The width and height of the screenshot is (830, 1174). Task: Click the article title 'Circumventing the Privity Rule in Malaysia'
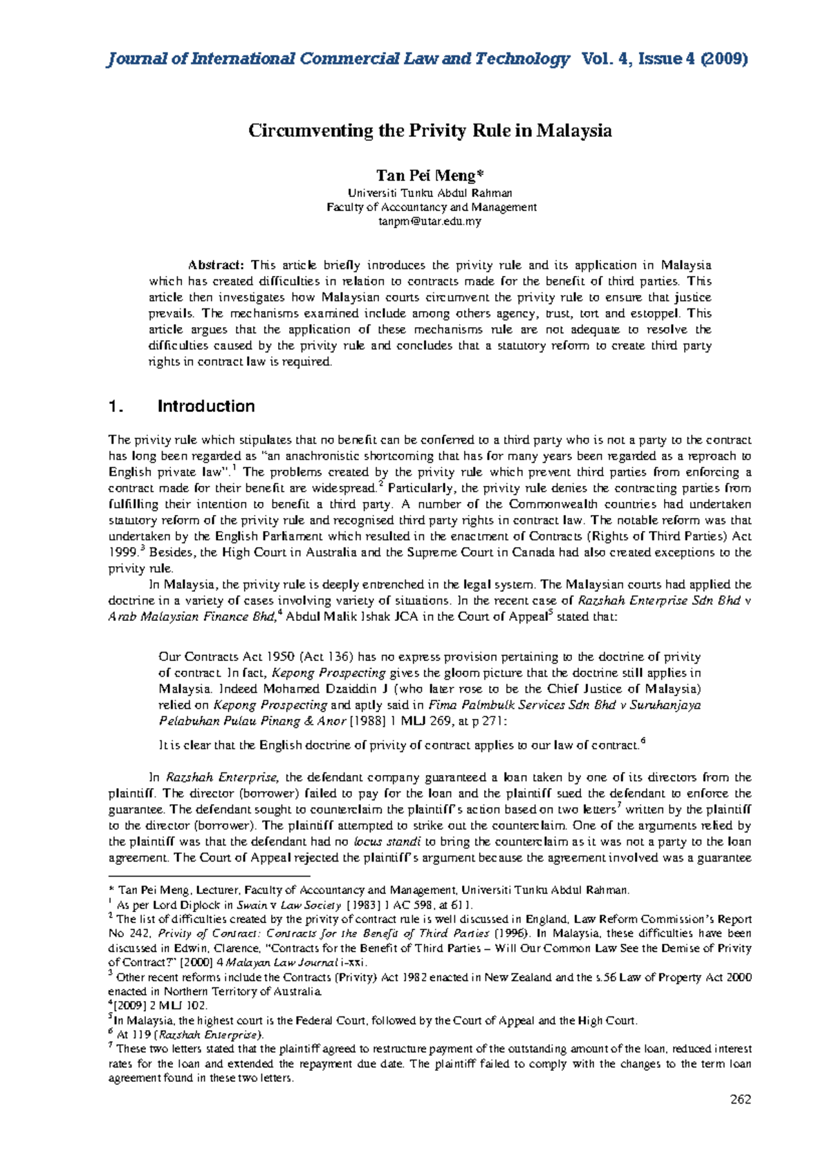click(x=430, y=130)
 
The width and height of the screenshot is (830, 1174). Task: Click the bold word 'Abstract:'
click(x=216, y=265)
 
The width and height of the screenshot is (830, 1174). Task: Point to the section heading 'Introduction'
click(x=206, y=406)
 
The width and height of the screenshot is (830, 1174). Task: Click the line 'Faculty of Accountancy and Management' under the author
click(x=431, y=207)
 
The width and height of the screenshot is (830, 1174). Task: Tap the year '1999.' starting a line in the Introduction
click(x=124, y=552)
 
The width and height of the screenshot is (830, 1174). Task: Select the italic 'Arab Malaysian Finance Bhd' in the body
click(x=192, y=617)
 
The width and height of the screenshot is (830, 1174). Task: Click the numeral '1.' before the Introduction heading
click(x=116, y=407)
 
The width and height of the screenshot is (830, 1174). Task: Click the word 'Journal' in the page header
click(x=136, y=59)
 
